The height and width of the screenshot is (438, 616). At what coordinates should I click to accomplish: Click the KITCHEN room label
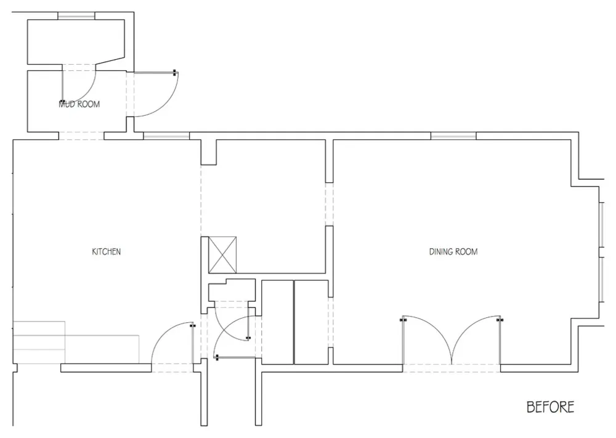coord(106,251)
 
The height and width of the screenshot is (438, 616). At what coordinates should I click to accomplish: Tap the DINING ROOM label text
coord(453,251)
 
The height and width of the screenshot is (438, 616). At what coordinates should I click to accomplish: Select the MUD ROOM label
coord(79,104)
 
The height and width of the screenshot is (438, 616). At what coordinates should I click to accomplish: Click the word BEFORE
coord(550,407)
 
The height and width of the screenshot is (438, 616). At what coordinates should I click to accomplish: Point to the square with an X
coord(222,254)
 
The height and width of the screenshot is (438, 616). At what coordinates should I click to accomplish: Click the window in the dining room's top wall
coord(453,136)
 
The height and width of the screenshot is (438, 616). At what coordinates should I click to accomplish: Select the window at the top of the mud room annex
coord(76,16)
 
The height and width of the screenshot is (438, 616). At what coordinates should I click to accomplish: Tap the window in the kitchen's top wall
coord(166,136)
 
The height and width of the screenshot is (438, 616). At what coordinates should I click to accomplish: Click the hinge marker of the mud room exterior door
coord(175,73)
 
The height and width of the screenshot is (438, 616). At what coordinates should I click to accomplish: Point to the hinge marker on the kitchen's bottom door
coord(192,325)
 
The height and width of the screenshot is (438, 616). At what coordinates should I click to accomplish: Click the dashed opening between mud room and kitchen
coord(81,136)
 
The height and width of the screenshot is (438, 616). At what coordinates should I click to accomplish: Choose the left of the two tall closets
coord(277,322)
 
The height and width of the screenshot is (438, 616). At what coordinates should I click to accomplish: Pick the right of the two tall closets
coord(311,322)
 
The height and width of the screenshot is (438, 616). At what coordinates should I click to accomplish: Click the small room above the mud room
coord(76,41)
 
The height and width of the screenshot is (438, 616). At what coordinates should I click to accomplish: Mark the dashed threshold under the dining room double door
coord(452,368)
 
